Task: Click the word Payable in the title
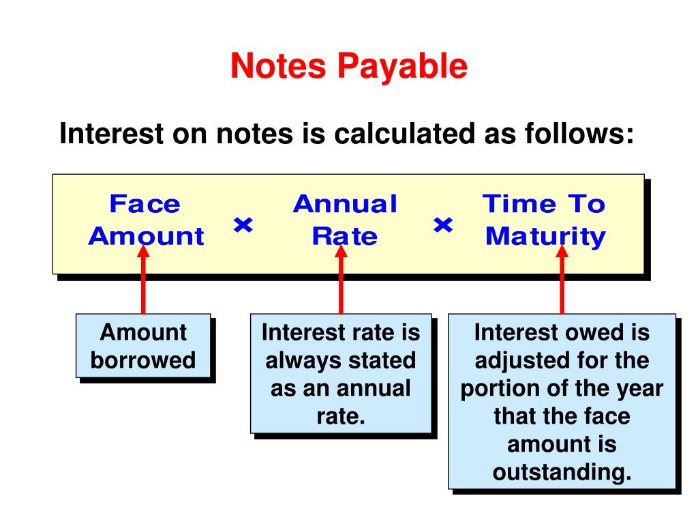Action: [401, 67]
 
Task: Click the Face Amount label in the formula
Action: [145, 220]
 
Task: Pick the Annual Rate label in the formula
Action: [345, 220]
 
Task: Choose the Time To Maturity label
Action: [544, 220]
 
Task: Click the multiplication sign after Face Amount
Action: [243, 224]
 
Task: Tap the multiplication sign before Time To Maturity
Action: [443, 224]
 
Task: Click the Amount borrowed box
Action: [143, 346]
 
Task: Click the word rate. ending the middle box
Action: [341, 416]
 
